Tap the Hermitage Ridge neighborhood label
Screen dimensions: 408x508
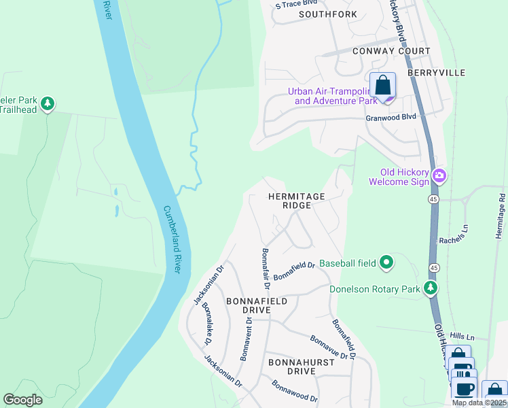pyautogui.click(x=296, y=201)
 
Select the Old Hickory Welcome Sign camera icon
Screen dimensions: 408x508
pyautogui.click(x=439, y=176)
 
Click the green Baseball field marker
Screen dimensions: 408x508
pyautogui.click(x=386, y=262)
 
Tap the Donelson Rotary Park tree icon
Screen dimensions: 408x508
pyautogui.click(x=431, y=289)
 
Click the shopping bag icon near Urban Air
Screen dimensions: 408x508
pyautogui.click(x=383, y=86)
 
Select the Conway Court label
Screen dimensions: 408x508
pyautogui.click(x=391, y=51)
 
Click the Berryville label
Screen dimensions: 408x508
pyautogui.click(x=437, y=71)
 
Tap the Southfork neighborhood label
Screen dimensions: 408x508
pyautogui.click(x=327, y=14)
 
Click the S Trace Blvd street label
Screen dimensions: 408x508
pyautogui.click(x=297, y=4)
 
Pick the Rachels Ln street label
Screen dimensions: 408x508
pyautogui.click(x=454, y=238)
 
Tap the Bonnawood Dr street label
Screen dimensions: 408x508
pyautogui.click(x=295, y=391)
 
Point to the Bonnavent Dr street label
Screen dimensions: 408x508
pyautogui.click(x=247, y=339)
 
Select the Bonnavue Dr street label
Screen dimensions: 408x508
pyautogui.click(x=333, y=347)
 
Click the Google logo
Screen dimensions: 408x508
pyautogui.click(x=22, y=400)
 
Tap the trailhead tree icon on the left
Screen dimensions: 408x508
pyautogui.click(x=47, y=104)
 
